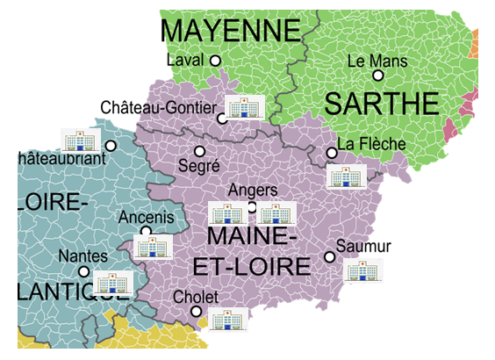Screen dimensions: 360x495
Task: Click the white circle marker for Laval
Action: click(x=215, y=60)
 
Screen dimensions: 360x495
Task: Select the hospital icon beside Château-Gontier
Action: click(x=244, y=107)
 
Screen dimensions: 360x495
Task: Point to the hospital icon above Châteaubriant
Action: click(x=80, y=140)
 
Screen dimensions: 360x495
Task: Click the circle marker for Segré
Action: click(x=198, y=151)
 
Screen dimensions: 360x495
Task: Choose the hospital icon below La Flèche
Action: click(x=346, y=175)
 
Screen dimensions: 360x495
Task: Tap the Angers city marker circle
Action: click(x=252, y=207)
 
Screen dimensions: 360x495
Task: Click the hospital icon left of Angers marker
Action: click(x=228, y=213)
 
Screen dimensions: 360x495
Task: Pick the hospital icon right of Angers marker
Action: click(x=276, y=213)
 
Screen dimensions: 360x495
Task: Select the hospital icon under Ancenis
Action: click(x=152, y=247)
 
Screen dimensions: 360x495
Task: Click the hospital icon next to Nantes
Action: click(x=111, y=282)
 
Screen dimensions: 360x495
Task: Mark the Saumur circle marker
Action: click(x=329, y=256)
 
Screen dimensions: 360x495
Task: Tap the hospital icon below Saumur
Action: click(x=363, y=270)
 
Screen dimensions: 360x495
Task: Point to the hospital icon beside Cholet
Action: click(x=227, y=320)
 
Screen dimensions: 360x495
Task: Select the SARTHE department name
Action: click(x=381, y=104)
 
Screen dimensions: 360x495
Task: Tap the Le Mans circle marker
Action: click(x=378, y=76)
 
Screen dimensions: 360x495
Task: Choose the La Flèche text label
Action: click(x=371, y=143)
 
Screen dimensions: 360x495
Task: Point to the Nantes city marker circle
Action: click(x=83, y=271)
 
